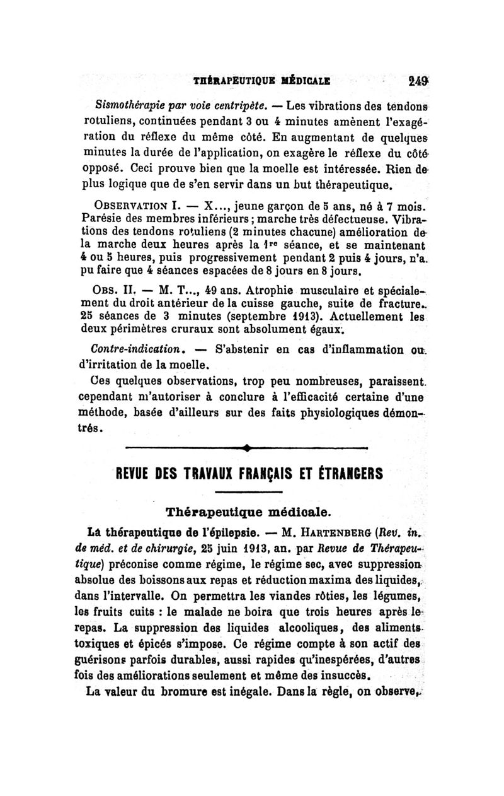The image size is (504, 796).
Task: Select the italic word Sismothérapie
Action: click(x=125, y=104)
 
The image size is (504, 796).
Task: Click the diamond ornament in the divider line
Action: click(x=246, y=449)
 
